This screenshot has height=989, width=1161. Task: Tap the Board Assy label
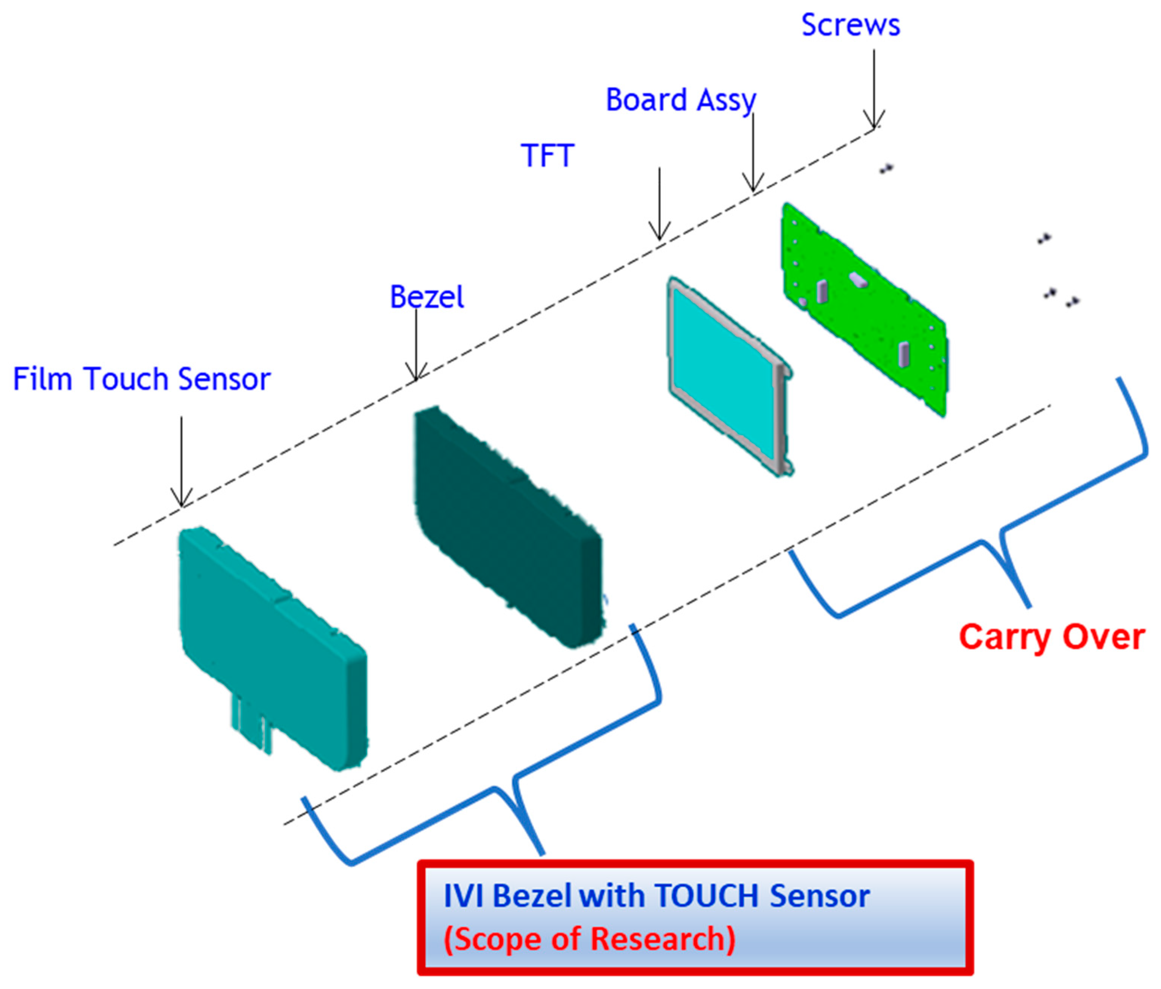tap(681, 100)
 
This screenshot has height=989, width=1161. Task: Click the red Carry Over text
tap(1051, 637)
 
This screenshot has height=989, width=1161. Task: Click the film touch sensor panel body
tap(269, 644)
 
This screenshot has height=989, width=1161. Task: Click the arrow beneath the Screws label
tap(874, 90)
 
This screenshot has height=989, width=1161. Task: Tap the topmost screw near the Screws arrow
tap(886, 168)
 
